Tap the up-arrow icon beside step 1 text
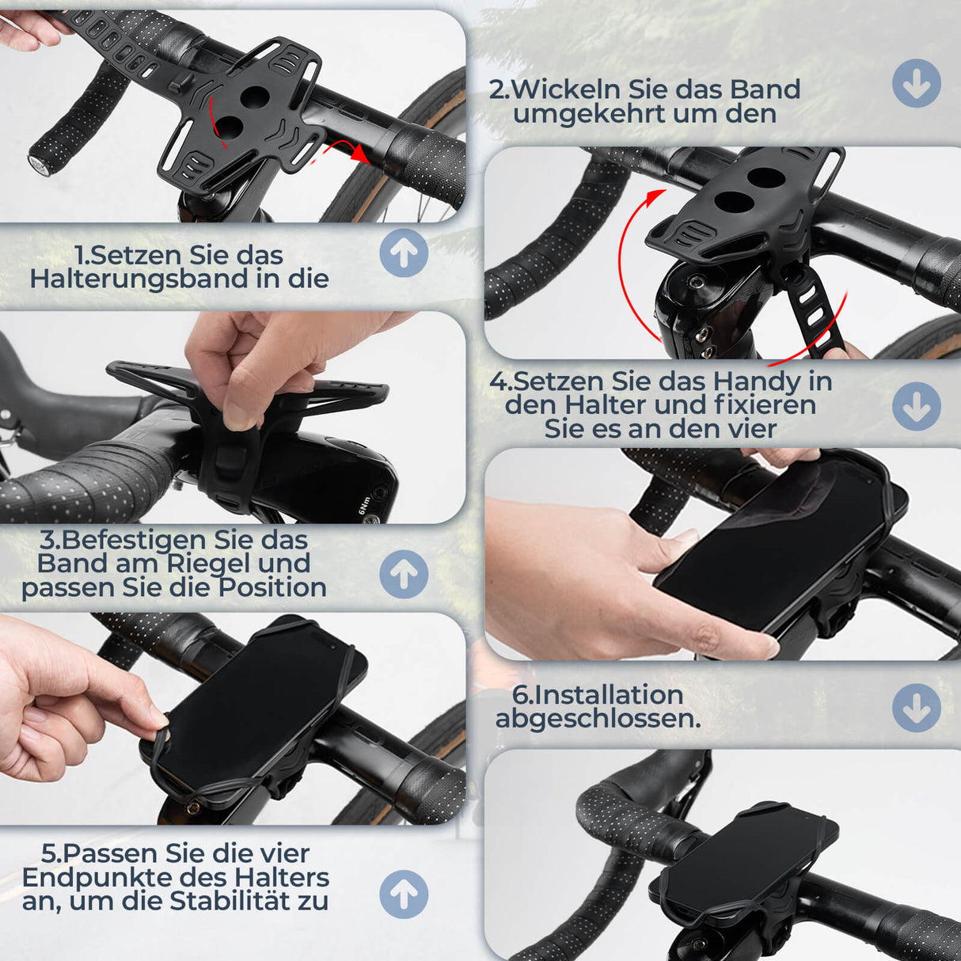pyautogui.click(x=404, y=253)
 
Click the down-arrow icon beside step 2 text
pyautogui.click(x=917, y=83)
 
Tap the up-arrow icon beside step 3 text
pyautogui.click(x=404, y=575)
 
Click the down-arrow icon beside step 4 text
pyautogui.click(x=917, y=406)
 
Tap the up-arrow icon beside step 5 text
pyautogui.click(x=404, y=895)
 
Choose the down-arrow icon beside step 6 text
pyautogui.click(x=917, y=708)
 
